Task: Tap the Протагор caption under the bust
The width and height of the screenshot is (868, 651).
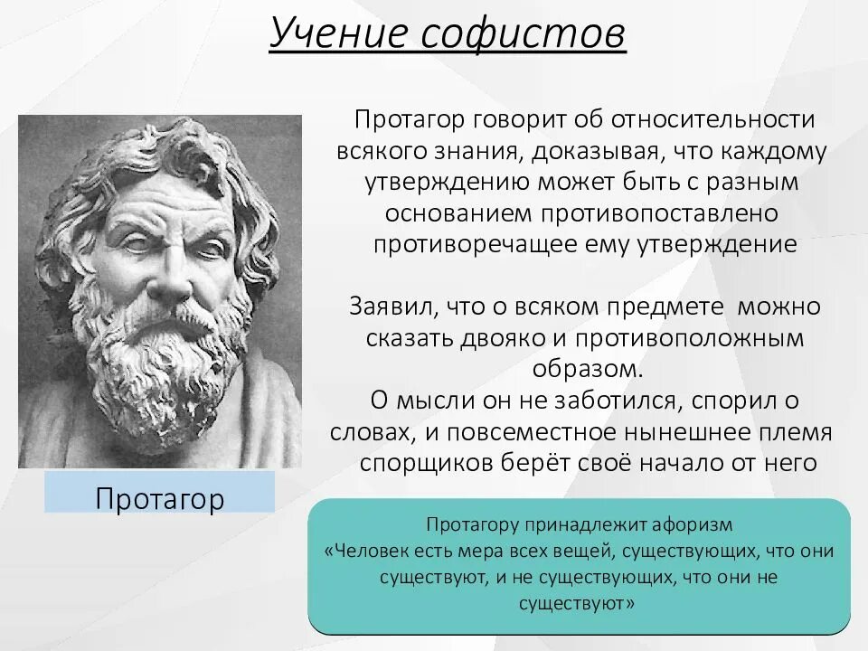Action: tap(159, 498)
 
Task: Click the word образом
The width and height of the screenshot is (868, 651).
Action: tap(585, 369)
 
